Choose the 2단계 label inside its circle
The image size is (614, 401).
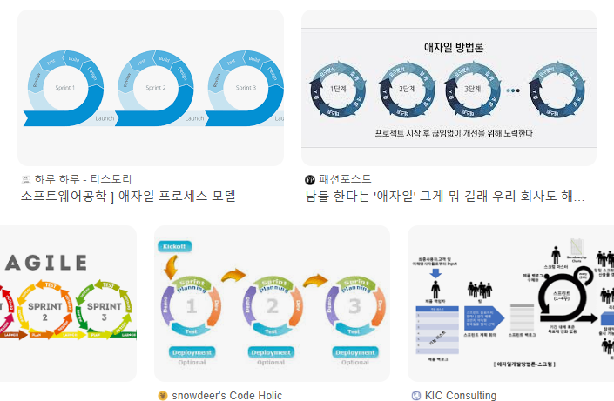click(x=406, y=89)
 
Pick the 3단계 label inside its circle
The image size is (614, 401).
click(x=472, y=89)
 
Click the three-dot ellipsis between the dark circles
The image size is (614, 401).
click(x=514, y=90)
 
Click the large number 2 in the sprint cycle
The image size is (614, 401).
click(x=272, y=305)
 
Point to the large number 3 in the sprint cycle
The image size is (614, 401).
click(x=354, y=305)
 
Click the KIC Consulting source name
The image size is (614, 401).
click(x=461, y=395)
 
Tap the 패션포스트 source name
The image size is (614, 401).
click(x=345, y=179)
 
